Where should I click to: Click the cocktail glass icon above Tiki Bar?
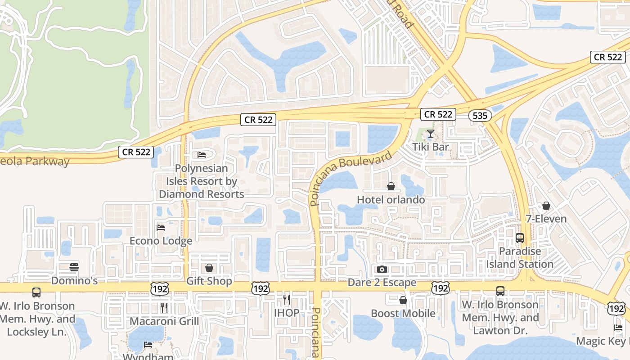tap(431, 134)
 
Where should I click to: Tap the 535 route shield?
tap(480, 116)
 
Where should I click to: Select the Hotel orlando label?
tap(391, 199)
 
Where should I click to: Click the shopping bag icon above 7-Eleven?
tap(546, 206)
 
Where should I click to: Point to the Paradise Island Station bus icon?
tap(520, 238)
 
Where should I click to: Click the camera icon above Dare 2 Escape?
tap(382, 270)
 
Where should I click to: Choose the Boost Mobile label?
tap(403, 313)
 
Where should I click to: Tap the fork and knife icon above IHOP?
tap(286, 299)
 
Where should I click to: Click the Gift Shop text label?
tap(209, 281)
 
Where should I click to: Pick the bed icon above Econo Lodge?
tap(161, 227)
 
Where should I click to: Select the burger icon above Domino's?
tap(74, 267)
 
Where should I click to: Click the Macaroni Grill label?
tap(164, 321)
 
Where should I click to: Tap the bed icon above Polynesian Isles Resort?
tap(202, 155)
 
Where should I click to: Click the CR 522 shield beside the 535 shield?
tap(438, 114)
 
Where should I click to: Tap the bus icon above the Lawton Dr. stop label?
tap(500, 291)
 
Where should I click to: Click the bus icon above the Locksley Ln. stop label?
tap(36, 292)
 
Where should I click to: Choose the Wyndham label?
tap(148, 357)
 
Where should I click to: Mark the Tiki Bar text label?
tap(431, 147)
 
